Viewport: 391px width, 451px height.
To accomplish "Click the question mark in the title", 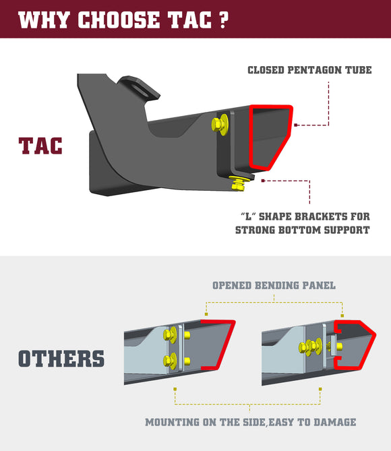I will [222, 20].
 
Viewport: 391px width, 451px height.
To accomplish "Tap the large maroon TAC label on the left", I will [40, 146].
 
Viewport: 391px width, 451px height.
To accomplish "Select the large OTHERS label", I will [61, 358].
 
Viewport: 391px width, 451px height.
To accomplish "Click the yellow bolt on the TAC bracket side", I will [218, 123].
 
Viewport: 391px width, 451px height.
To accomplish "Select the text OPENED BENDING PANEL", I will [274, 285].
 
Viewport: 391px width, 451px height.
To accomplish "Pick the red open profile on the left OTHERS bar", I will [222, 344].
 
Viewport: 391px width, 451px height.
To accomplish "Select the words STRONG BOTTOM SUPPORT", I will [303, 230].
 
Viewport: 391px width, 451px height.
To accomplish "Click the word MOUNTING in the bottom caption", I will [174, 422].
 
